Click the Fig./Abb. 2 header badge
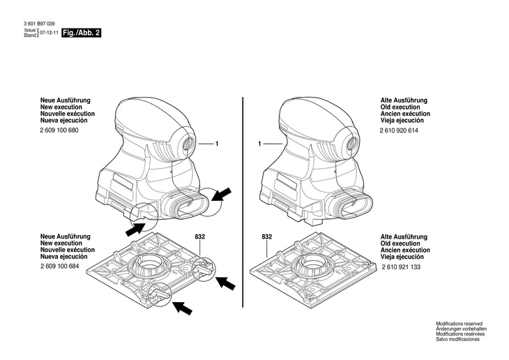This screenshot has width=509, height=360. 82,33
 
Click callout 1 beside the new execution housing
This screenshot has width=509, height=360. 217,144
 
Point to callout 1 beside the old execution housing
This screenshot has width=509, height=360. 259,144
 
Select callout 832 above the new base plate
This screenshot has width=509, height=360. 199,237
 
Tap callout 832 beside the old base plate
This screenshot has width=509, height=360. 266,237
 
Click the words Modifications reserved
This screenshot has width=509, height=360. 459,324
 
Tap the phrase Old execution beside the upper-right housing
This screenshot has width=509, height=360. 404,107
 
